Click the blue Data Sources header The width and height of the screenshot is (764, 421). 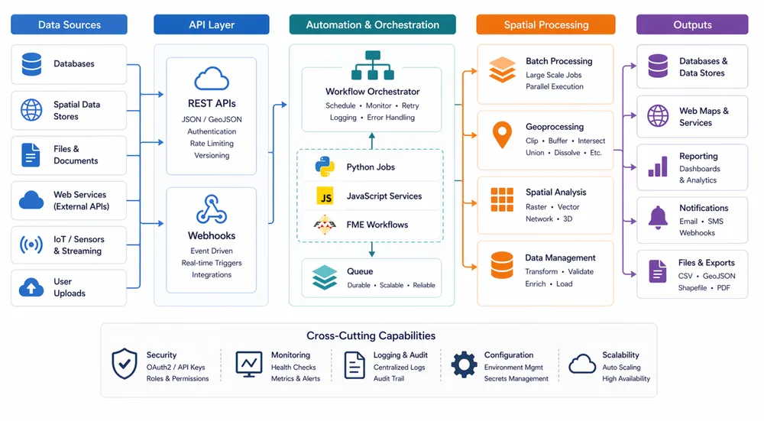(69, 24)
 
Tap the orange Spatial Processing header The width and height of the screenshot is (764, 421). (545, 24)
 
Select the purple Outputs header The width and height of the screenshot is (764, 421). (692, 24)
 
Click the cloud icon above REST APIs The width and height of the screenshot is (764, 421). (212, 79)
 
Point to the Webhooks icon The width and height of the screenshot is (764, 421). (212, 209)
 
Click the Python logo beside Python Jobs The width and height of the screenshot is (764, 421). (325, 167)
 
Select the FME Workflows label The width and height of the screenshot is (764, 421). (377, 225)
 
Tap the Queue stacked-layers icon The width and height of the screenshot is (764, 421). (325, 278)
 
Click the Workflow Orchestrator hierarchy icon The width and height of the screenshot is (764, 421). (371, 66)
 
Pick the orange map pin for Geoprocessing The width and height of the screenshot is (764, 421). (502, 134)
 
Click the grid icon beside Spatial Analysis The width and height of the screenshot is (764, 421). (502, 199)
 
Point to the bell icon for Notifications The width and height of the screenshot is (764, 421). (658, 216)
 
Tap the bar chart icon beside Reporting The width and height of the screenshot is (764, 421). (658, 167)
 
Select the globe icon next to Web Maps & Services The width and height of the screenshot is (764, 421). (658, 116)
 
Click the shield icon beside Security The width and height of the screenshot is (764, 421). (125, 364)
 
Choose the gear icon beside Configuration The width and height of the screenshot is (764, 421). (464, 364)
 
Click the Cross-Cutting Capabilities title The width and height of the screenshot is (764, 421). (371, 335)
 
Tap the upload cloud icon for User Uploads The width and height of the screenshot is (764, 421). (31, 287)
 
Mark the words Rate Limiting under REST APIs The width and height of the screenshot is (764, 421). (212, 143)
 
